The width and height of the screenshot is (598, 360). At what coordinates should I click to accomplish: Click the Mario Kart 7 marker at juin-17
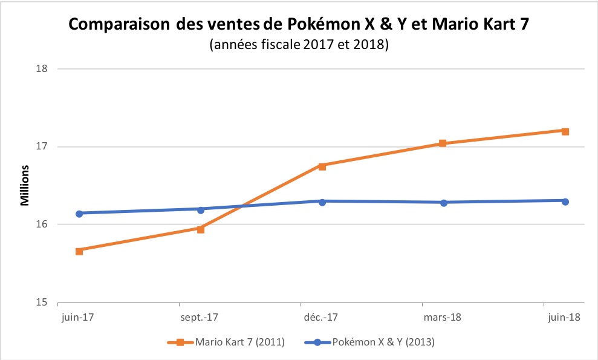point(79,250)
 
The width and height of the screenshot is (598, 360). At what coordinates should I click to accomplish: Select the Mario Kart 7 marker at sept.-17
point(201,229)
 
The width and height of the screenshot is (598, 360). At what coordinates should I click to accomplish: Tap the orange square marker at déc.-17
point(322,166)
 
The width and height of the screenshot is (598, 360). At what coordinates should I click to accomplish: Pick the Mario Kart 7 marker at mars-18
point(443,143)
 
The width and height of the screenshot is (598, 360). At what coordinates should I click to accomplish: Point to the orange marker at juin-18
point(565,131)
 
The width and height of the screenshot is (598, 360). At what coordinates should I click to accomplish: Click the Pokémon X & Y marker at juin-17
point(79,213)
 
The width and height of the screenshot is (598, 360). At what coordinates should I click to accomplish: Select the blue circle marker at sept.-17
point(201,209)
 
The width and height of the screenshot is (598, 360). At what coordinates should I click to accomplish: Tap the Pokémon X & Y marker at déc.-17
point(322,201)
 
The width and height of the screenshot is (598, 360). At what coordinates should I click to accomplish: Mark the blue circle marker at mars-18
point(444,203)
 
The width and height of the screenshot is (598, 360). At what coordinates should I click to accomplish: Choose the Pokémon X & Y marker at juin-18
point(565,201)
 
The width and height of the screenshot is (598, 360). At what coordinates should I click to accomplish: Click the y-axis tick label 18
point(42,68)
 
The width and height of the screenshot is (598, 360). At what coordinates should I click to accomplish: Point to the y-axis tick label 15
point(42,303)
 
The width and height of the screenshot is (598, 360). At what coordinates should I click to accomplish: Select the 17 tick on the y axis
point(42,146)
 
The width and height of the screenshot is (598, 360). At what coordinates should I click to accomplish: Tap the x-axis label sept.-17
point(200,316)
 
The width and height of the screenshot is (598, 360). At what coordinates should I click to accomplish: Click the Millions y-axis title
point(25,183)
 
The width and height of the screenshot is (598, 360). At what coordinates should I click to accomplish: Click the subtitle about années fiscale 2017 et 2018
point(298,45)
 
